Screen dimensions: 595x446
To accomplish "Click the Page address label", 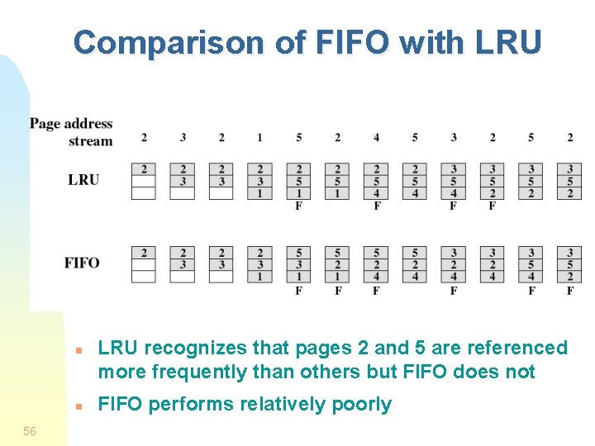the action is (71, 124).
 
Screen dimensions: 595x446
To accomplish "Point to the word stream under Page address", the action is (90, 140).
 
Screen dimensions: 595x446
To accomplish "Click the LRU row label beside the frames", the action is (83, 179).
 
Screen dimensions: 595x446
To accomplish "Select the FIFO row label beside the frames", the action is (82, 263).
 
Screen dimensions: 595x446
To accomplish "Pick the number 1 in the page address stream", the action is (259, 137).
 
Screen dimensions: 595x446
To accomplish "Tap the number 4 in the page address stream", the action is (376, 137).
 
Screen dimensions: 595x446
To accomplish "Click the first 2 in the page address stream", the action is (144, 137).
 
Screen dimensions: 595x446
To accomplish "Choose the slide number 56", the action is (30, 431).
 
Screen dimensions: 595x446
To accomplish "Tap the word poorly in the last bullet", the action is (361, 405).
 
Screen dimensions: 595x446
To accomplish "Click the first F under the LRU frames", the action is (298, 206).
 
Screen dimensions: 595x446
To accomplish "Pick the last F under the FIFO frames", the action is (569, 290).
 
